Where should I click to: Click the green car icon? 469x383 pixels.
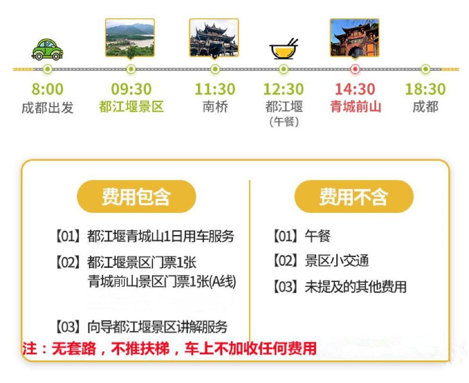click(x=47, y=49)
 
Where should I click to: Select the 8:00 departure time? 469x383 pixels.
click(x=47, y=89)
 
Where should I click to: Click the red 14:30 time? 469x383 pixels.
click(x=355, y=89)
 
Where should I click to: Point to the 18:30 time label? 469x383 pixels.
click(x=425, y=89)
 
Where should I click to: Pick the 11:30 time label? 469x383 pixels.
click(x=215, y=89)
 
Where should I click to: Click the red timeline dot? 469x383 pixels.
click(x=355, y=69)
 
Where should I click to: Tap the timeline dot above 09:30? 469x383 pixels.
click(x=131, y=69)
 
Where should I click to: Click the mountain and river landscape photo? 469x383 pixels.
click(x=130, y=38)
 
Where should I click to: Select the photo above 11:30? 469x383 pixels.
click(x=214, y=38)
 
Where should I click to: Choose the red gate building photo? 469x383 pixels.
click(x=355, y=38)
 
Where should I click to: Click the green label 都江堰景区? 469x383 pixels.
click(x=131, y=107)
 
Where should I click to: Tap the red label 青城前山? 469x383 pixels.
click(x=356, y=107)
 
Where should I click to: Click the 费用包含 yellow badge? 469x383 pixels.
click(x=136, y=196)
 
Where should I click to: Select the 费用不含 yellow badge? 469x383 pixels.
click(x=354, y=196)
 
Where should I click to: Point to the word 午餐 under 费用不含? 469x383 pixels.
click(x=318, y=236)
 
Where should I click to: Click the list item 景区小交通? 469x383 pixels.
click(x=337, y=261)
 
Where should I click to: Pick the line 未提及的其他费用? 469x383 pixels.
click(x=356, y=287)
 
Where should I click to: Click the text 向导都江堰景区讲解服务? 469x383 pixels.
click(x=157, y=327)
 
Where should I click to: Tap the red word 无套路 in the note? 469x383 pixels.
click(x=74, y=349)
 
